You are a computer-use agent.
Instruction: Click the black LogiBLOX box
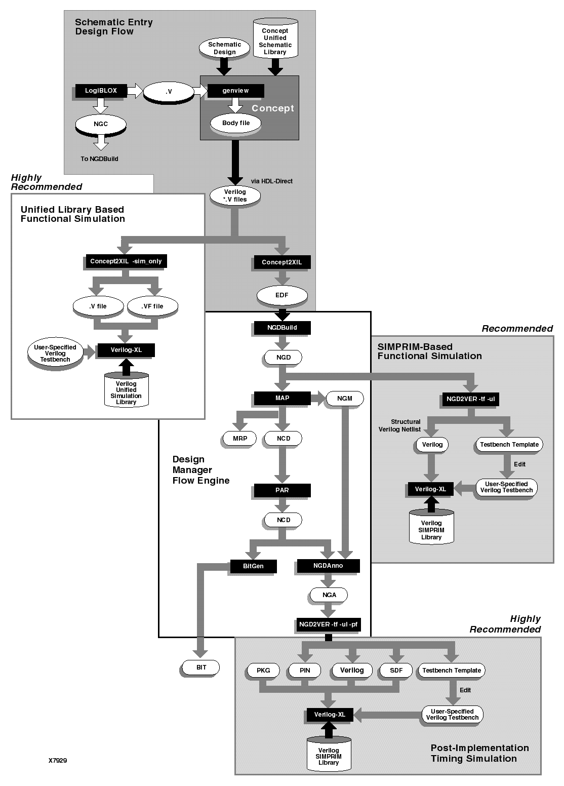coord(101,91)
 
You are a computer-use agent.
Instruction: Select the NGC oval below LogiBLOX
coord(101,124)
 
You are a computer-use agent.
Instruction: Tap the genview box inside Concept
coord(236,91)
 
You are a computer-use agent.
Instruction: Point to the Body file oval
coord(236,123)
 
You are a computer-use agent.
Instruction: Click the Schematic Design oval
coord(224,48)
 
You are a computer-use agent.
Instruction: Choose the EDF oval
coord(282,295)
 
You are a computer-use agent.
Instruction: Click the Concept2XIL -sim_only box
coord(126,262)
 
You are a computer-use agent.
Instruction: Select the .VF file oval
coord(152,306)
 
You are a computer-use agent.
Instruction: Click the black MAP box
coord(282,398)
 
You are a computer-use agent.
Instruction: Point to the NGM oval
coord(345,399)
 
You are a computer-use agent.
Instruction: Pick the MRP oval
coord(240,438)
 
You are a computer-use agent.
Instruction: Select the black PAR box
coord(282,490)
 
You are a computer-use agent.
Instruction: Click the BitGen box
coord(253,566)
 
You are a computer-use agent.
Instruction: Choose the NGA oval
coord(330,595)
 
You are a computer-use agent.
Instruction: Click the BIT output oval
coord(202,667)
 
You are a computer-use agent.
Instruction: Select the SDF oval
coord(396,671)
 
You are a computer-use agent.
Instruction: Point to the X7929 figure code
coord(58,760)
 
